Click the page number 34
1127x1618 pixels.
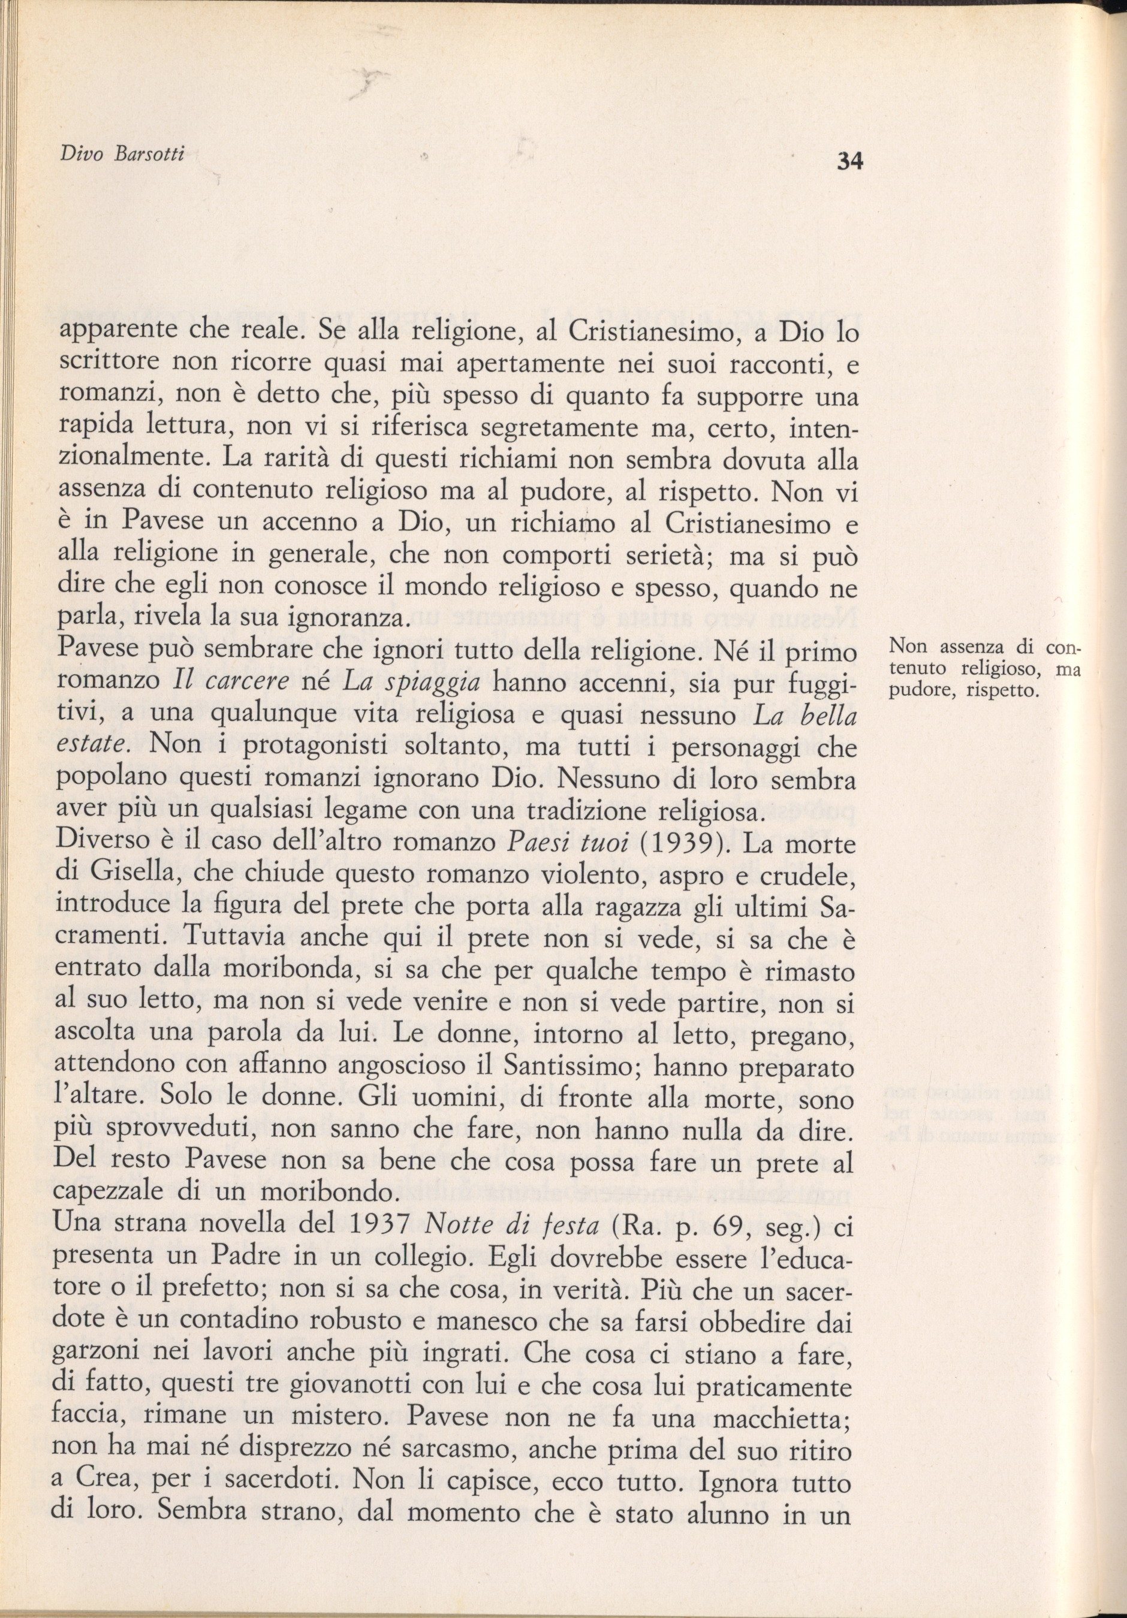pyautogui.click(x=849, y=161)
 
